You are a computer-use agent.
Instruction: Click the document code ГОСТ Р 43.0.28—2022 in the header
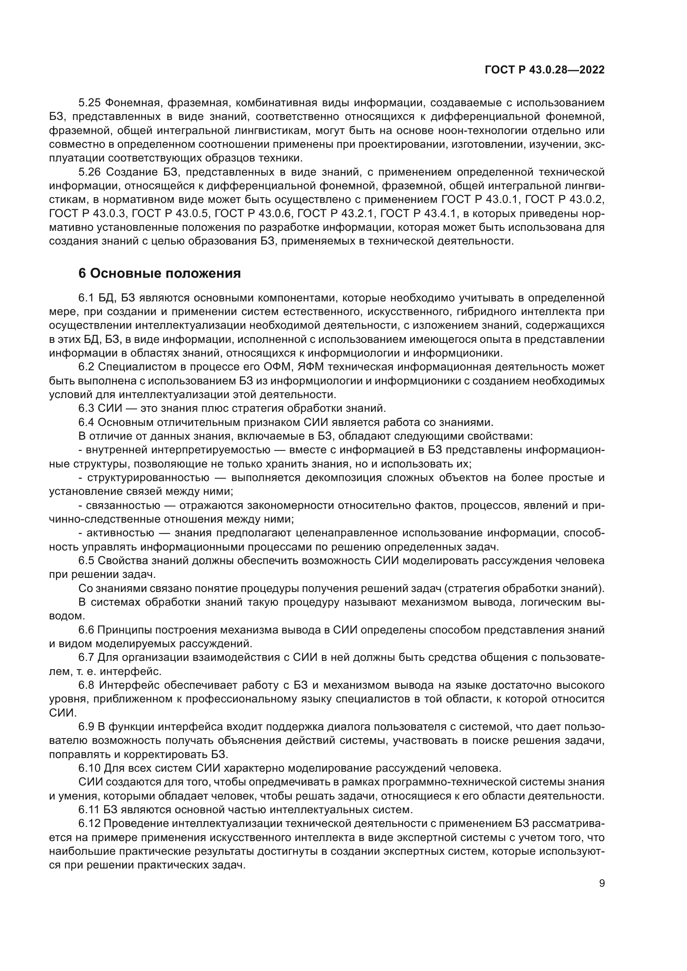point(545,70)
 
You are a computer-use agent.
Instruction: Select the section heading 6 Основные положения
point(159,274)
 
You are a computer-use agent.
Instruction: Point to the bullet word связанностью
point(123,505)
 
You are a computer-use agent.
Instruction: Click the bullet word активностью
point(120,533)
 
